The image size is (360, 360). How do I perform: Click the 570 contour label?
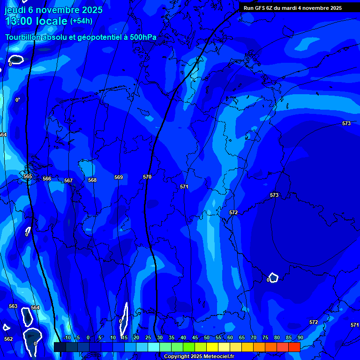pos(147,177)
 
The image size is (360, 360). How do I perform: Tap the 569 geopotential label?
pos(119,177)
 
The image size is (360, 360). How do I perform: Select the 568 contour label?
pos(92,180)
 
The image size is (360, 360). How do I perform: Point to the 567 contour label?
pos(68,180)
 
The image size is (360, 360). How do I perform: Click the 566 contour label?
pos(47,179)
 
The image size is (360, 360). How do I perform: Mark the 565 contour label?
pos(28,176)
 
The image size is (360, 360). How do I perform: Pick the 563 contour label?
pos(13,306)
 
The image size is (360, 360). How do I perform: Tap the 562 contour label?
pos(8,339)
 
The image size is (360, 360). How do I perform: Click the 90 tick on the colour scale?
pos(300,337)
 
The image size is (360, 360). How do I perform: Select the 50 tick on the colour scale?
pos(207,337)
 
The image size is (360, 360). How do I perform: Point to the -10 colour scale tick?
pos(67,337)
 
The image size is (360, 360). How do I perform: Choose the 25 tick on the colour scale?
pos(148,337)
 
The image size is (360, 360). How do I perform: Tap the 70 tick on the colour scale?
pos(254,337)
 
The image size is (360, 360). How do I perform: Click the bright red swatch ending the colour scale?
pos(294,347)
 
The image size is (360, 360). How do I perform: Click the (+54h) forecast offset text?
pos(81,21)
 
